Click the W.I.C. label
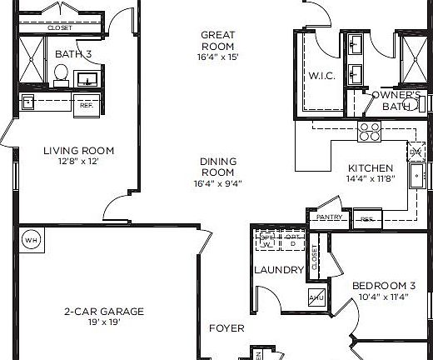[x=321, y=75]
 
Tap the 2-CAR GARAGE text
[x=104, y=312]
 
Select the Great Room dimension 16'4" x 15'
[x=217, y=58]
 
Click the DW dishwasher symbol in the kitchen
[x=415, y=152]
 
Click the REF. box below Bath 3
[x=85, y=106]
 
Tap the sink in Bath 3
[x=87, y=80]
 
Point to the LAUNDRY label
[x=278, y=269]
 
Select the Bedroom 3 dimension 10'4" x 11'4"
[x=382, y=296]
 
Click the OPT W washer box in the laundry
[x=266, y=240]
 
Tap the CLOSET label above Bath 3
[x=59, y=27]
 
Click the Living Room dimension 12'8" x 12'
[x=78, y=162]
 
